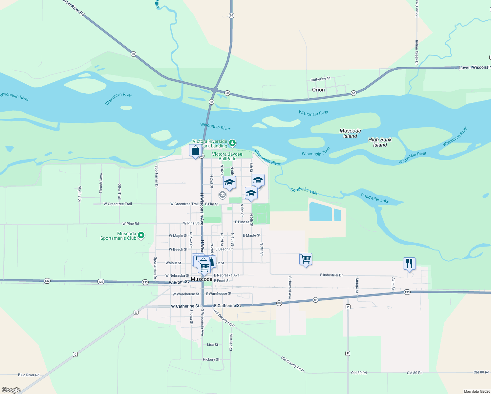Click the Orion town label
(x=318, y=90)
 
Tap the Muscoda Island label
(x=350, y=133)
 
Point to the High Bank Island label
(x=380, y=142)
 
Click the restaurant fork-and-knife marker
(x=409, y=264)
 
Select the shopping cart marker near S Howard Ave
(x=306, y=259)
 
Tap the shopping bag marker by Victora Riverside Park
(x=195, y=151)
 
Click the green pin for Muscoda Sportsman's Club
(x=141, y=235)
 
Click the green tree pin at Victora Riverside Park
(x=232, y=142)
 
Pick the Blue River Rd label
(x=29, y=375)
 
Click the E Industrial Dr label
(x=331, y=275)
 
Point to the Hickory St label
(x=211, y=360)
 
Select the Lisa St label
(x=213, y=345)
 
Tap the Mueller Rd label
(x=231, y=342)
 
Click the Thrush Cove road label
(x=101, y=183)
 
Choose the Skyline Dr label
(x=80, y=194)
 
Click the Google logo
(x=11, y=390)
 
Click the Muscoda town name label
(x=202, y=279)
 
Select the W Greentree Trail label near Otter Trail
(x=118, y=204)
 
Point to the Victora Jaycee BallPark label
(x=227, y=156)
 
